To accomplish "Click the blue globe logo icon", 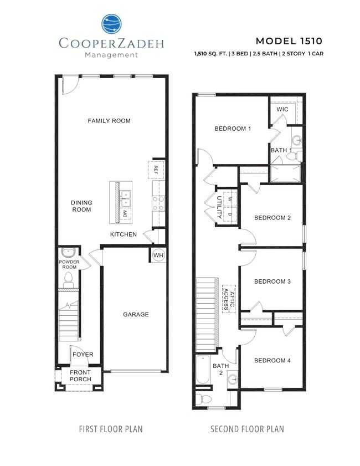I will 112,24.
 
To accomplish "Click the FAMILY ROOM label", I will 109,121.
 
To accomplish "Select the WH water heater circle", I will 158,255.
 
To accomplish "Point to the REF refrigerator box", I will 156,170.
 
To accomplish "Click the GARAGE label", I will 136,315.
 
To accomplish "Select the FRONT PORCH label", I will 80,376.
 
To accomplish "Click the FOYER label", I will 83,355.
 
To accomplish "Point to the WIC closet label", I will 282,110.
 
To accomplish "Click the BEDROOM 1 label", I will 233,129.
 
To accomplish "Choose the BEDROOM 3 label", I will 272,281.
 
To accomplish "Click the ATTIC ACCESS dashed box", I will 228,298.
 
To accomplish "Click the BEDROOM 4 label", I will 272,361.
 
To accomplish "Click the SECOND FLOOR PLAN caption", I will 248,429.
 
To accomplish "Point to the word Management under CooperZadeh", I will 111,55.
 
